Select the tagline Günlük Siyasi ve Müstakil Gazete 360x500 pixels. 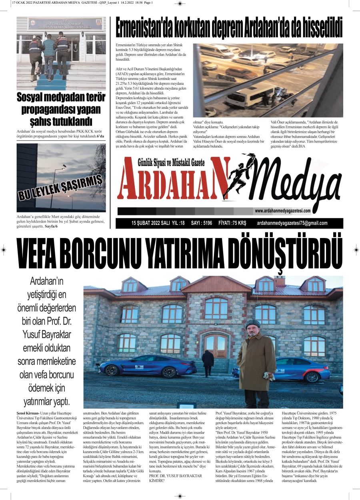click(160, 162)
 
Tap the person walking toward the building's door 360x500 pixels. click(208, 362)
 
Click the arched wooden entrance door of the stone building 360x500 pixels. click(216, 346)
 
